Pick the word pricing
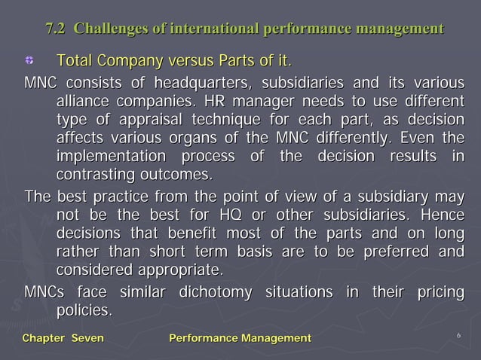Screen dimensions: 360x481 point(437,291)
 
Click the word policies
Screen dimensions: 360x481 point(84,310)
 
